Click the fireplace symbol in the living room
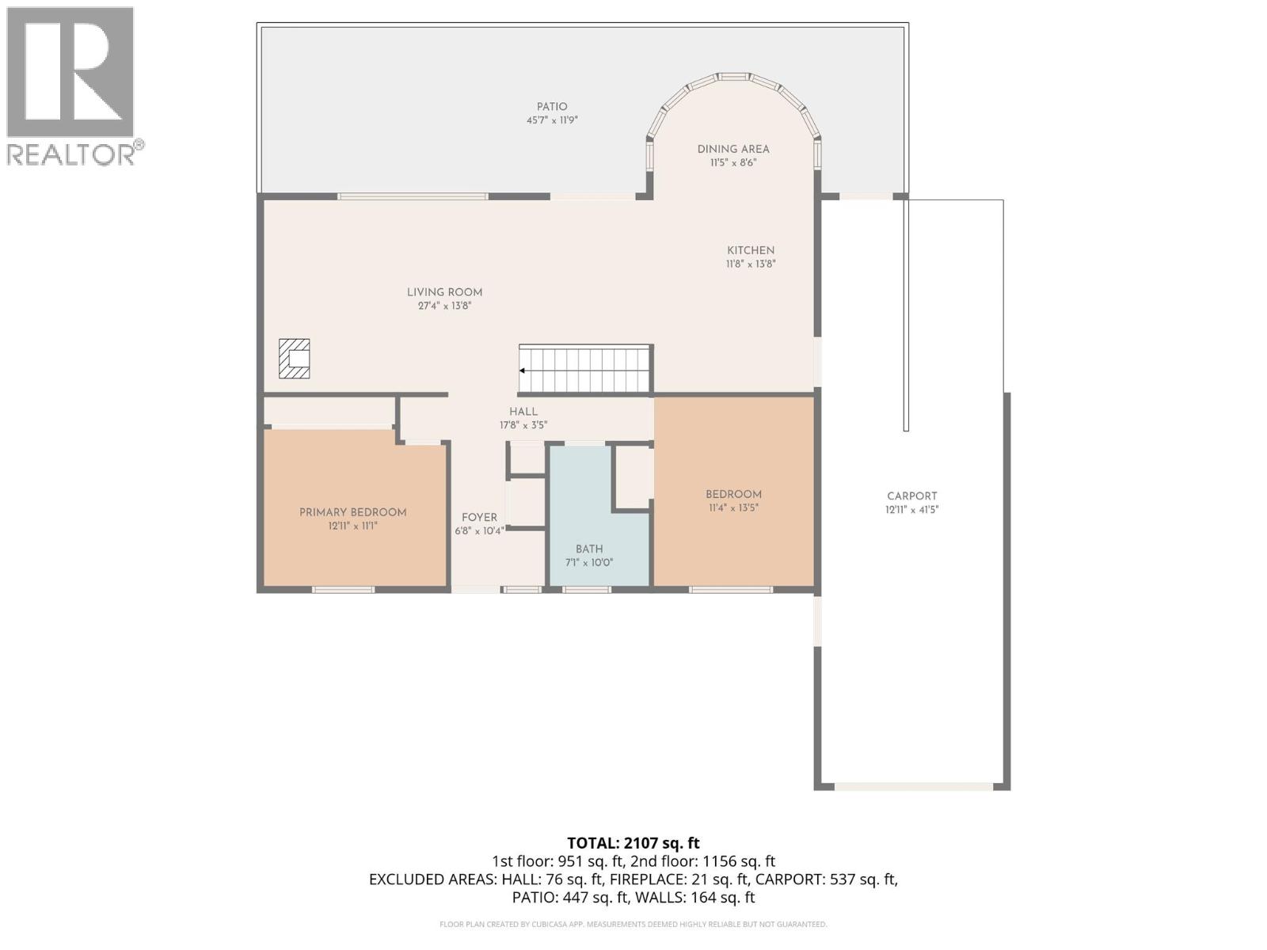pyautogui.click(x=294, y=359)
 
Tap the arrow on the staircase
pyautogui.click(x=523, y=370)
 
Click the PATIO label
pyautogui.click(x=552, y=107)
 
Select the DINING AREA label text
pyautogui.click(x=733, y=149)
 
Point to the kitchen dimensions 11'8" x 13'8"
pyautogui.click(x=750, y=264)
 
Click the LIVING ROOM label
pyautogui.click(x=444, y=292)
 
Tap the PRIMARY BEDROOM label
pyautogui.click(x=352, y=512)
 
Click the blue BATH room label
pyautogui.click(x=589, y=549)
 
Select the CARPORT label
pyautogui.click(x=911, y=496)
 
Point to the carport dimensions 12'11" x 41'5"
pyautogui.click(x=911, y=510)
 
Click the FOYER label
pyautogui.click(x=479, y=517)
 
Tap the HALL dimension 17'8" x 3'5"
pyautogui.click(x=523, y=425)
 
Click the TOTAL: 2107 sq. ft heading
pyautogui.click(x=633, y=843)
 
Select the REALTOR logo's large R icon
pyautogui.click(x=70, y=73)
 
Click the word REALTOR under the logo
pyautogui.click(x=71, y=154)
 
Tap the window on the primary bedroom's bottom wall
pyautogui.click(x=342, y=590)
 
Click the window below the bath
pyautogui.click(x=587, y=590)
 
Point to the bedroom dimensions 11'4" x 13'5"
pyautogui.click(x=733, y=508)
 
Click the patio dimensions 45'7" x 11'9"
pyautogui.click(x=552, y=121)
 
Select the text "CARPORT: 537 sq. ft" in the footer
pyautogui.click(x=826, y=880)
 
